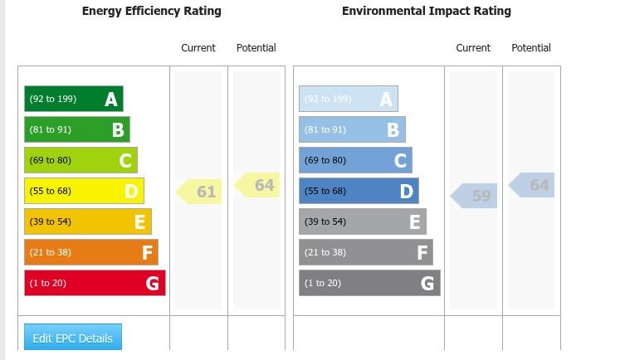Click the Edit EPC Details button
coord(73,337)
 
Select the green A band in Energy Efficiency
coord(74,99)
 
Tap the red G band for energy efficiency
coord(95,283)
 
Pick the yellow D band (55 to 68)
coord(84,191)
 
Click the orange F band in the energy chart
coord(91,252)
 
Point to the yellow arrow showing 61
coord(199,192)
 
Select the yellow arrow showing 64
coord(256,185)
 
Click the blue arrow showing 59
coord(474,196)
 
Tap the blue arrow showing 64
coord(531,185)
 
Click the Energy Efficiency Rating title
coord(151,11)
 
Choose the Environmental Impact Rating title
coord(427,11)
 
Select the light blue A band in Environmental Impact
coord(349,99)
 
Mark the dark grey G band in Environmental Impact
coord(369,283)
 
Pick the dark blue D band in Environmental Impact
coord(359,191)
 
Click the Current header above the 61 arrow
coord(198,48)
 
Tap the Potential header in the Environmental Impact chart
coord(531,48)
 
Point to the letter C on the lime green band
coord(125,160)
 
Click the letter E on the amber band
coord(140,221)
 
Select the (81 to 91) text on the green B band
coord(51,129)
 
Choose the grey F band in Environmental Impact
coord(366,252)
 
